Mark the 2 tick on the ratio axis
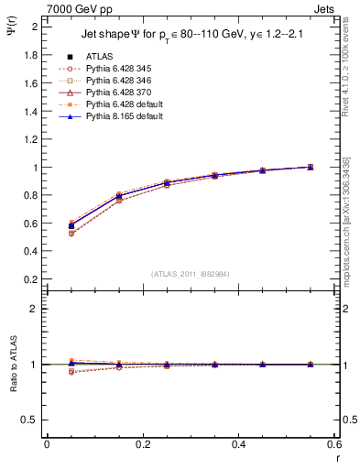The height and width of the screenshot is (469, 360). click(x=34, y=309)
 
